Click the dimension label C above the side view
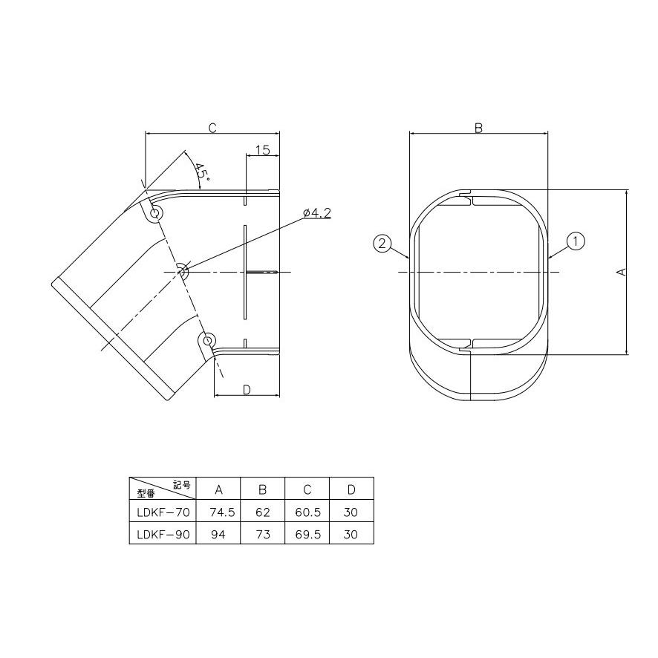pyautogui.click(x=212, y=128)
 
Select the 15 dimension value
pyautogui.click(x=262, y=150)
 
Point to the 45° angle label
pyautogui.click(x=201, y=172)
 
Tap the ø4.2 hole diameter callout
pyautogui.click(x=317, y=213)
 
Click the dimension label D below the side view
pyautogui.click(x=247, y=390)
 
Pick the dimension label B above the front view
pyautogui.click(x=479, y=128)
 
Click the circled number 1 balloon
pyautogui.click(x=576, y=241)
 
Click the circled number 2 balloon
pyautogui.click(x=382, y=243)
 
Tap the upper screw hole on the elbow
pyautogui.click(x=155, y=214)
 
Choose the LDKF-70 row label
pyautogui.click(x=163, y=512)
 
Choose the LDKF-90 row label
pyautogui.click(x=163, y=534)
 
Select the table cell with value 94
pyautogui.click(x=218, y=534)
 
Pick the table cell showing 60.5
pyautogui.click(x=307, y=512)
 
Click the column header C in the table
pyautogui.click(x=307, y=489)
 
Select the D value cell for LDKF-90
pyautogui.click(x=351, y=534)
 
